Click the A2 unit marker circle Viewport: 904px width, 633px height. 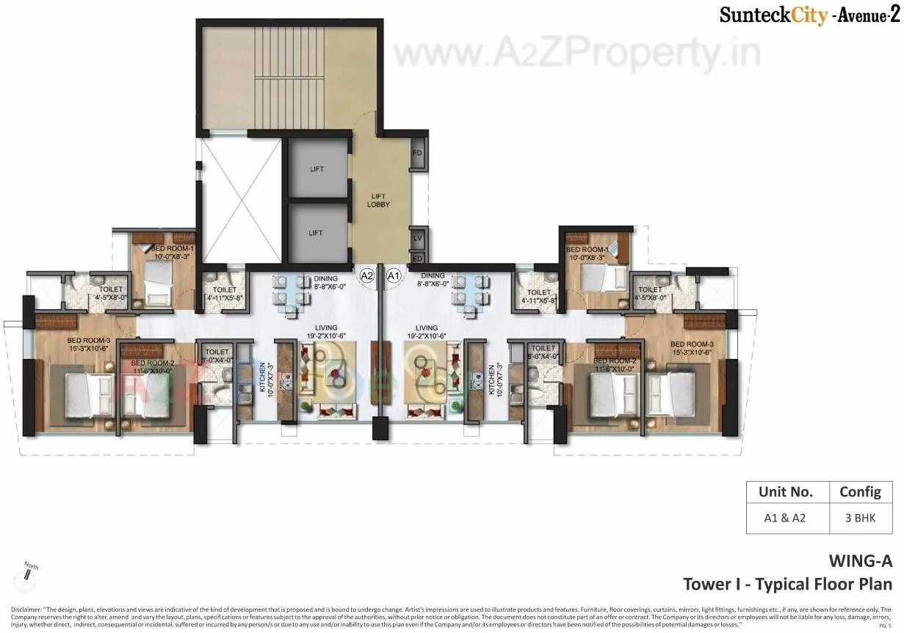tap(367, 275)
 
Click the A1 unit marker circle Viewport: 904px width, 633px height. tap(393, 275)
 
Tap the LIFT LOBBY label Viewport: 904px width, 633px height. tap(378, 200)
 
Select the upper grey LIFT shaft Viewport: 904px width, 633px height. tap(317, 168)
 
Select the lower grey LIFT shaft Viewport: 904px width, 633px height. tap(317, 232)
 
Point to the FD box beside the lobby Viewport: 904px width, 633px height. tap(417, 153)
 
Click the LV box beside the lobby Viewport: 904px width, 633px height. tap(417, 238)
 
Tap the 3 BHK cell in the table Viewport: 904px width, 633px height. tap(860, 518)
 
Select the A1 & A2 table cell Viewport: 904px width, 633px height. tap(784, 518)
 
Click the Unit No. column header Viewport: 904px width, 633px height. tap(784, 492)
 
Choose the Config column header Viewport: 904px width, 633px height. tap(860, 492)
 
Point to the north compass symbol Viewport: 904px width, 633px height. tap(29, 572)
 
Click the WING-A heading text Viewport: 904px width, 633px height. tap(860, 562)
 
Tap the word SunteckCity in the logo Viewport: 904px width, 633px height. tap(773, 15)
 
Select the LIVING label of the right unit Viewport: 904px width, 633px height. tap(426, 328)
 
